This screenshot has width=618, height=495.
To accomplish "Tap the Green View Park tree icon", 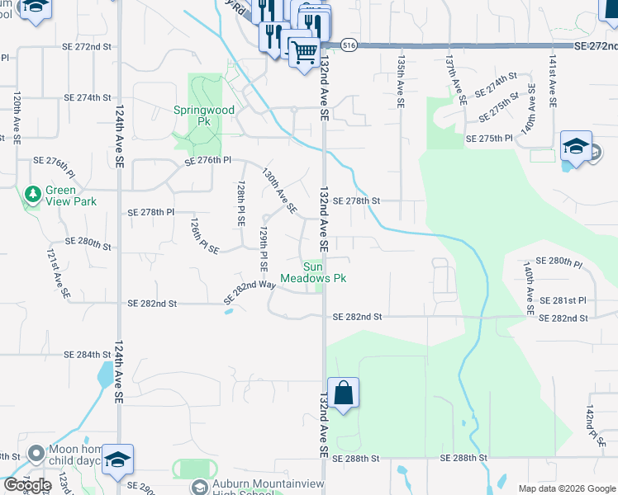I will point(32,194).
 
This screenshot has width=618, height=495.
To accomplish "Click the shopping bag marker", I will point(343,393).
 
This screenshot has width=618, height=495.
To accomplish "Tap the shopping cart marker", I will point(304,53).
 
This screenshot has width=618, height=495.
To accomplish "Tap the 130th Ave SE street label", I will point(279,191).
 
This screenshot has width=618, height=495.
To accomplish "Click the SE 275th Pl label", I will point(489,139).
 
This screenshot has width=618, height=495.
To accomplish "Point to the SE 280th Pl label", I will point(559,262).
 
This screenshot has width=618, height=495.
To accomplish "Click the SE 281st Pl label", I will point(562,300).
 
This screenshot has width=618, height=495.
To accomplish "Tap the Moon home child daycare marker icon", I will point(36,453).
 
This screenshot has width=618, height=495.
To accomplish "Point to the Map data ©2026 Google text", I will point(566,488).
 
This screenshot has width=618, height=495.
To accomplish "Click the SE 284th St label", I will point(87,355).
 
